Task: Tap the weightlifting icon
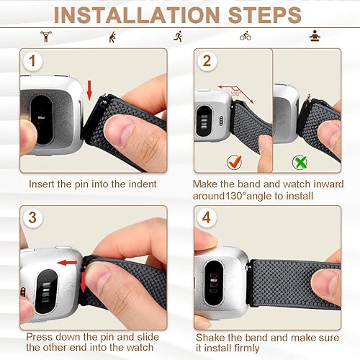click(x=48, y=36)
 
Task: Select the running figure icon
click(x=177, y=36)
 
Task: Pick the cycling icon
click(x=246, y=36)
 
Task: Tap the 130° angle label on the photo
click(x=235, y=94)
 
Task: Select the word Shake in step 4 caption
click(x=210, y=337)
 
